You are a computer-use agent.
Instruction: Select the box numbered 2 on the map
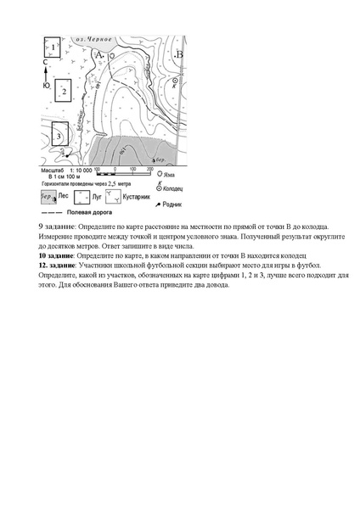click(63, 91)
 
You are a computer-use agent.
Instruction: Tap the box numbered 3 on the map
click(58, 134)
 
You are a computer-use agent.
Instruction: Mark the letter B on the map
click(178, 55)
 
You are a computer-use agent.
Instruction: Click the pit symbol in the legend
click(156, 173)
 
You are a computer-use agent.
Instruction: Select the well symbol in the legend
click(157, 184)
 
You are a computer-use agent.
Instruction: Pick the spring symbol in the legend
click(156, 204)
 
